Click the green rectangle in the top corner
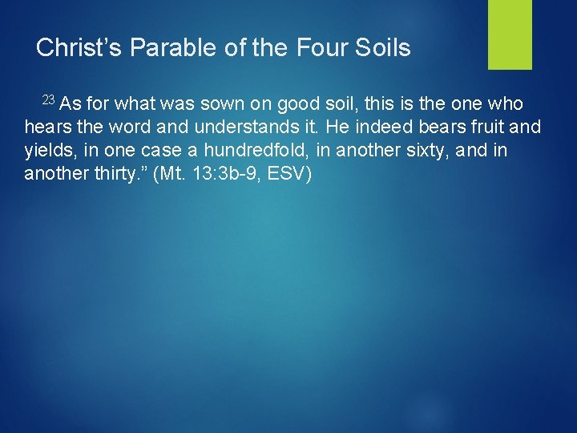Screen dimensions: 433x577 (x=510, y=34)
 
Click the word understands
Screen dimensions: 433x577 (x=232, y=127)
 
